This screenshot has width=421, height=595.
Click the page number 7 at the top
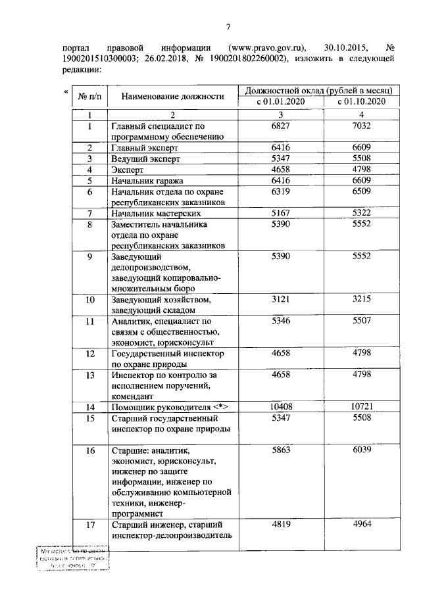pos(228,26)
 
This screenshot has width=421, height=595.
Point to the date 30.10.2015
pos(345,48)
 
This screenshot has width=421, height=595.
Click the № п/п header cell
pos(89,96)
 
